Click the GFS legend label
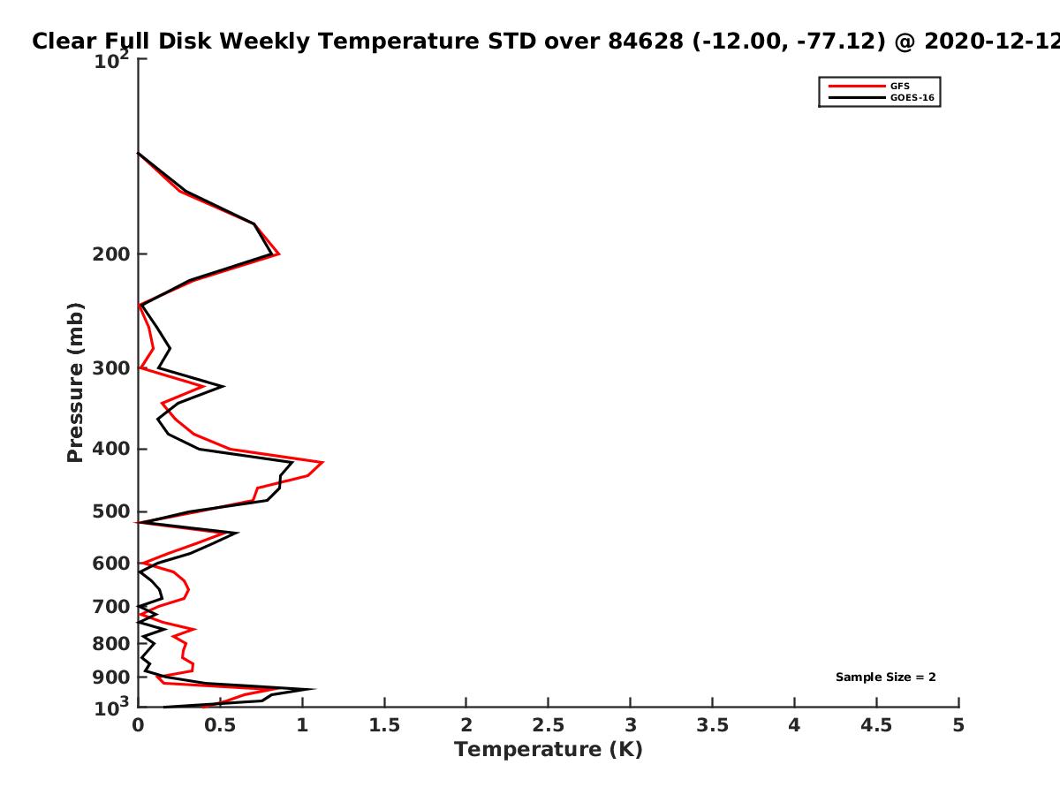pos(899,86)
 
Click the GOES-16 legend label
pos(912,97)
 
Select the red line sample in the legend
pos(857,86)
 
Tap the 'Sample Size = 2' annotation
pos(886,678)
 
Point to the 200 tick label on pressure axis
pos(111,254)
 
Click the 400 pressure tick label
pos(111,449)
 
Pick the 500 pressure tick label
pos(111,511)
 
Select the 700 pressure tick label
pos(111,607)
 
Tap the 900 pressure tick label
pos(111,678)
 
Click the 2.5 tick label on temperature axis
pos(549,725)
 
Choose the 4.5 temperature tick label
pos(876,725)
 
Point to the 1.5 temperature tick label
pos(384,725)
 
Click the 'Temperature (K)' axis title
pos(549,750)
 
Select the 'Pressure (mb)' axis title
pos(75,382)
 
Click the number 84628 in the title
pos(646,42)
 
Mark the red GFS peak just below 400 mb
pos(322,462)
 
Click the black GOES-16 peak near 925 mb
pos(314,689)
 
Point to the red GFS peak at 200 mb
pos(279,254)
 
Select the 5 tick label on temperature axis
pos(958,725)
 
